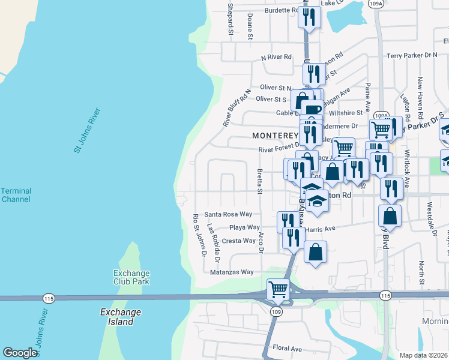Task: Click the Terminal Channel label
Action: pos(16,195)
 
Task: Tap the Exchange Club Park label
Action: pos(131,277)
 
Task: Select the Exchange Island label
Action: pos(120,317)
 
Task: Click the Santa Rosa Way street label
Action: pos(224,214)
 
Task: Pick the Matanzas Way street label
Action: pos(232,272)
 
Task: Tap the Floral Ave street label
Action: pos(287,348)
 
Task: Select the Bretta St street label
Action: pos(260,181)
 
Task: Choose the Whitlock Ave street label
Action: pos(407,169)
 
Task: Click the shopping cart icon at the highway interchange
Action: pos(278,289)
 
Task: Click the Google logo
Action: pos(20,353)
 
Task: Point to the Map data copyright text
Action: pos(423,355)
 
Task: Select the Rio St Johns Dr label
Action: pos(196,238)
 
